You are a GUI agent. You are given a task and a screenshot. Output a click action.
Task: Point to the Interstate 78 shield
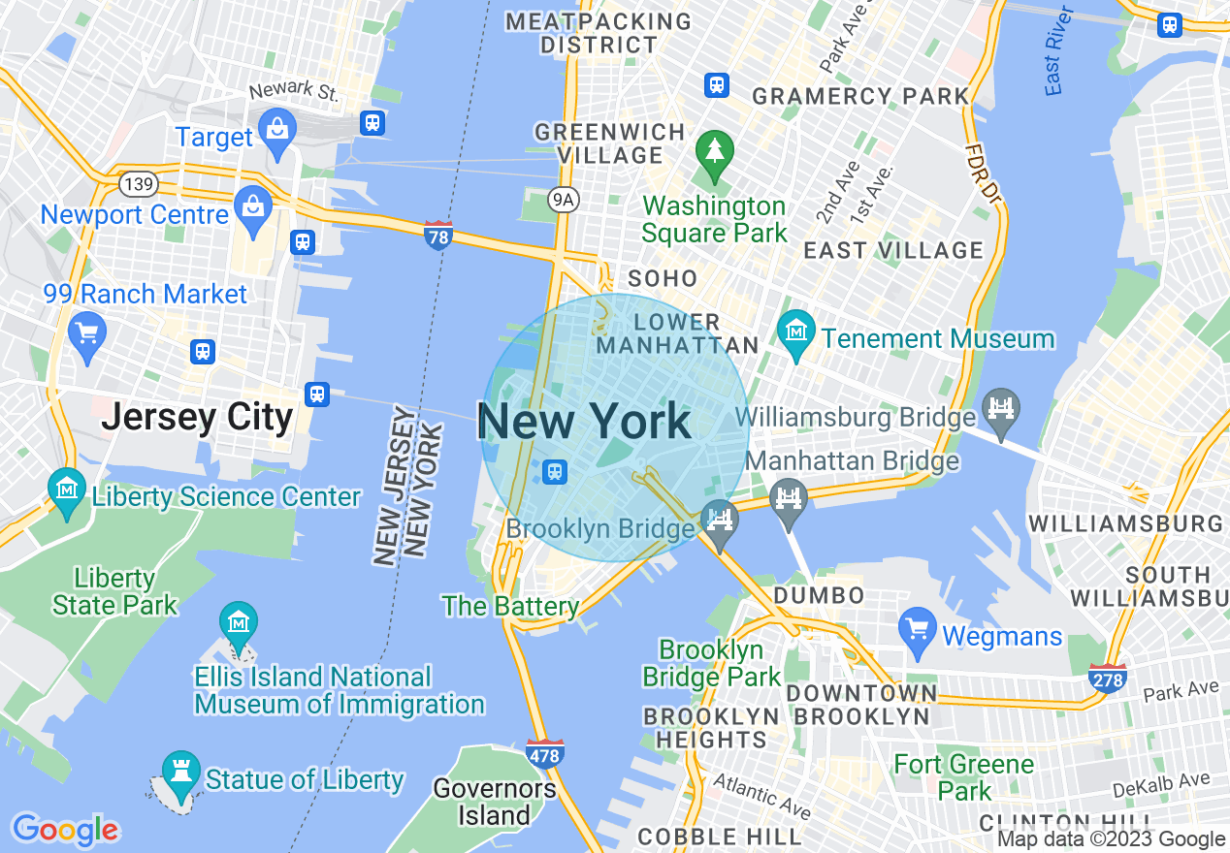[438, 235]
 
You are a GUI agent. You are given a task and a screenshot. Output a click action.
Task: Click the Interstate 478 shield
[545, 753]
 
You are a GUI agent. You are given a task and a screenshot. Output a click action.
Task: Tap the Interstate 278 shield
[1107, 679]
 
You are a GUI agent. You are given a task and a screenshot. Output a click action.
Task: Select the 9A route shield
[563, 200]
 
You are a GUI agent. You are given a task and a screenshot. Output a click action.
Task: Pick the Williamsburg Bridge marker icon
[1000, 408]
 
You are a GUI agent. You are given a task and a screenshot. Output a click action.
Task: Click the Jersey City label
[197, 417]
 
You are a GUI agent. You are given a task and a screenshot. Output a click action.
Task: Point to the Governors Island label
[495, 802]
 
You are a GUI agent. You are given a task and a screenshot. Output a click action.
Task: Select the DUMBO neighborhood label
[819, 594]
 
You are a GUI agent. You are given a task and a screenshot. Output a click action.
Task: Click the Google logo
[65, 830]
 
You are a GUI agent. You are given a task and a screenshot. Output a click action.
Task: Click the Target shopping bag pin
[277, 131]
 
